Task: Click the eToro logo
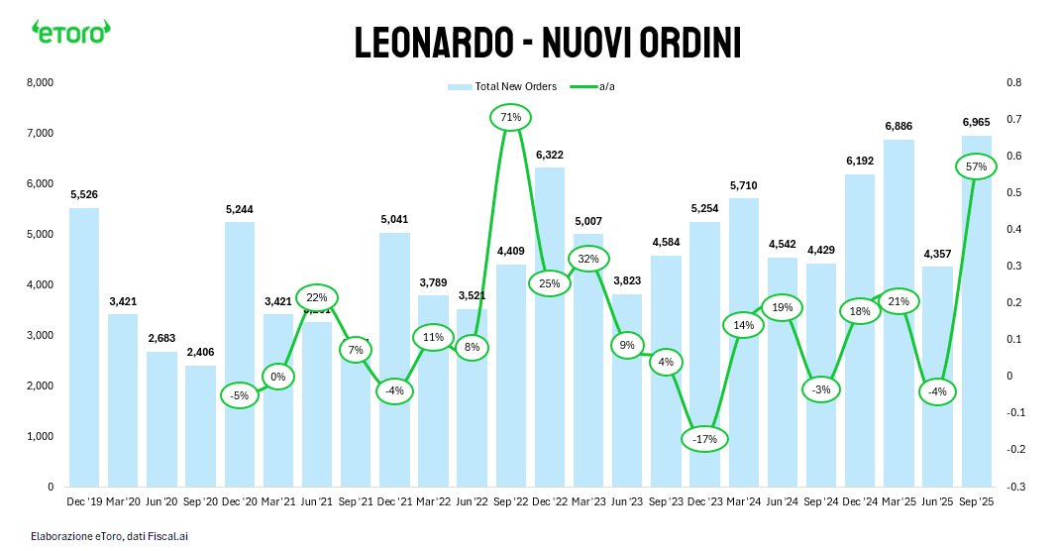[x=70, y=32]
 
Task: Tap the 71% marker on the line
[x=511, y=117]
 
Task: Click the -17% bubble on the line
[x=704, y=439]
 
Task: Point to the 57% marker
[x=976, y=166]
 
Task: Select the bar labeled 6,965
[x=976, y=317]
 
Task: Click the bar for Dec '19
[x=84, y=347]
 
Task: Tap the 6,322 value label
[x=550, y=156]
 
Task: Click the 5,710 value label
[x=743, y=185]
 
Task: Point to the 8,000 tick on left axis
[x=40, y=82]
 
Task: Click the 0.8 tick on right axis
[x=1013, y=82]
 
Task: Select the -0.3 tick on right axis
[x=1015, y=487]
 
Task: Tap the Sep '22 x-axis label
[x=511, y=502]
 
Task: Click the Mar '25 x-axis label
[x=898, y=502]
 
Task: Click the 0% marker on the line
[x=278, y=377]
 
